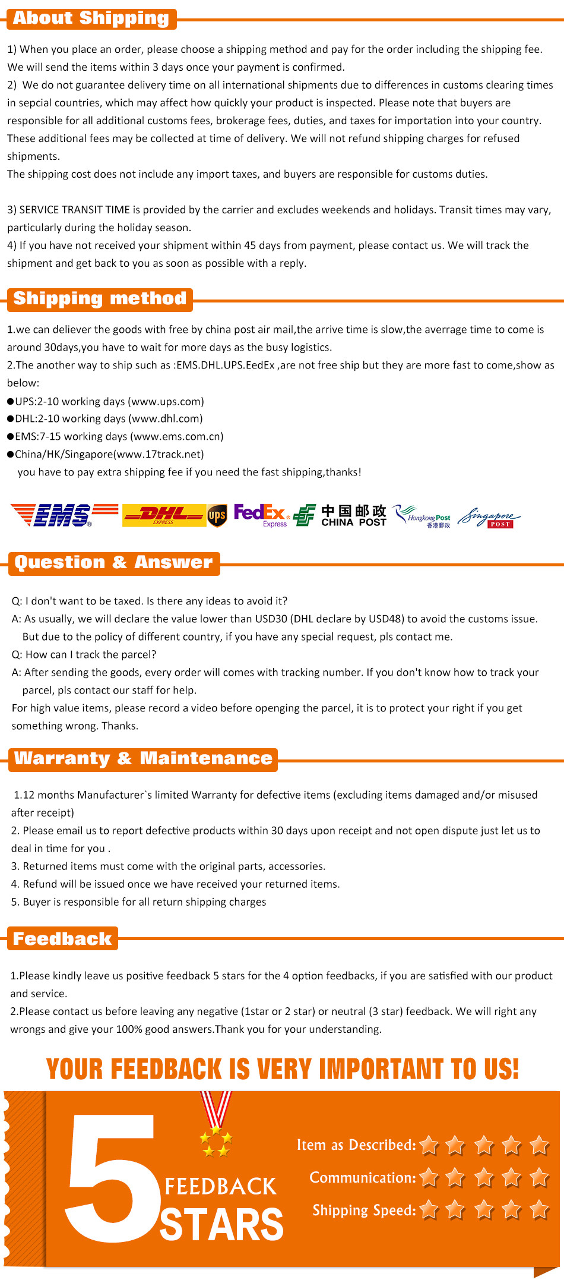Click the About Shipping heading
click(91, 18)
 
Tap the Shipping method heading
click(100, 298)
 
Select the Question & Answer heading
click(113, 562)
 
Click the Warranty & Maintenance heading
click(143, 758)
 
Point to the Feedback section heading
click(62, 938)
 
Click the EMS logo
click(64, 515)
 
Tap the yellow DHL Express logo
click(164, 515)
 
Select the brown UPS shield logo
click(217, 515)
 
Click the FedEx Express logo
click(261, 515)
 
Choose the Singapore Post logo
click(489, 517)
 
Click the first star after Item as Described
click(429, 1145)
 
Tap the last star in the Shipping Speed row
click(539, 1209)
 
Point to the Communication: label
click(363, 1177)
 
